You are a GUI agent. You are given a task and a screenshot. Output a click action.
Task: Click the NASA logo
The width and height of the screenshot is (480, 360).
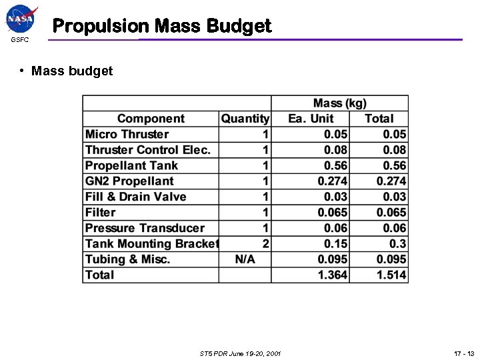(x=21, y=19)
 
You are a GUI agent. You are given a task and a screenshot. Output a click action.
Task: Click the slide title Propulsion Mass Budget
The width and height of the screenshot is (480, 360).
(x=162, y=26)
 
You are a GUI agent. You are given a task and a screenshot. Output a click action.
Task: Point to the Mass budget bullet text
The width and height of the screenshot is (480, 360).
(x=72, y=71)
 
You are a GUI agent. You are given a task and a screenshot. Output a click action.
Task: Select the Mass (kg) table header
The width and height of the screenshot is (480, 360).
(x=339, y=103)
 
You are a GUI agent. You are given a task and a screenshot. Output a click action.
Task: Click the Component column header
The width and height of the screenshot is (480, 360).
(x=151, y=119)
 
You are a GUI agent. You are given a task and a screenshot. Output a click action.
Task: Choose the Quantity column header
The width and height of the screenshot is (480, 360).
(x=245, y=119)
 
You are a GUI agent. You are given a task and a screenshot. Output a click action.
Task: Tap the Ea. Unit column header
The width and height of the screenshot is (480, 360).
(x=311, y=119)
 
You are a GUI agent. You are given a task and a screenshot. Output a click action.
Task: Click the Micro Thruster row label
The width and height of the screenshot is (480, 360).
(x=127, y=134)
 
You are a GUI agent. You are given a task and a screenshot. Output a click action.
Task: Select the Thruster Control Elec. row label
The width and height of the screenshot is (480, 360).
(x=148, y=150)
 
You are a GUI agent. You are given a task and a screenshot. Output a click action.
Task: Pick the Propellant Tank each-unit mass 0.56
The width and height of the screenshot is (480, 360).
(x=335, y=165)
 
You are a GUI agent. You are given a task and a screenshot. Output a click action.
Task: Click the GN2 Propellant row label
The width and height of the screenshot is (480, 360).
(x=129, y=181)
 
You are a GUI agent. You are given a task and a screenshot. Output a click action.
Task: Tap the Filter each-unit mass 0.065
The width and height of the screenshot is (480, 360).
(x=332, y=213)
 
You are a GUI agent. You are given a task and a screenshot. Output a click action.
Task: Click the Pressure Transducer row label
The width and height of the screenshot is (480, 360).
(x=145, y=228)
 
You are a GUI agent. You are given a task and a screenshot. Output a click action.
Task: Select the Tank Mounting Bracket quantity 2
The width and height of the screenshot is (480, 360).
(x=265, y=244)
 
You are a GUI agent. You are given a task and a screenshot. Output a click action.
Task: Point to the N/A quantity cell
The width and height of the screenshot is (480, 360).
(x=245, y=259)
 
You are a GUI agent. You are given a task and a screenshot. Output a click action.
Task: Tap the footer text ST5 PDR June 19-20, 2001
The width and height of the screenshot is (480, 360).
(x=240, y=353)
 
